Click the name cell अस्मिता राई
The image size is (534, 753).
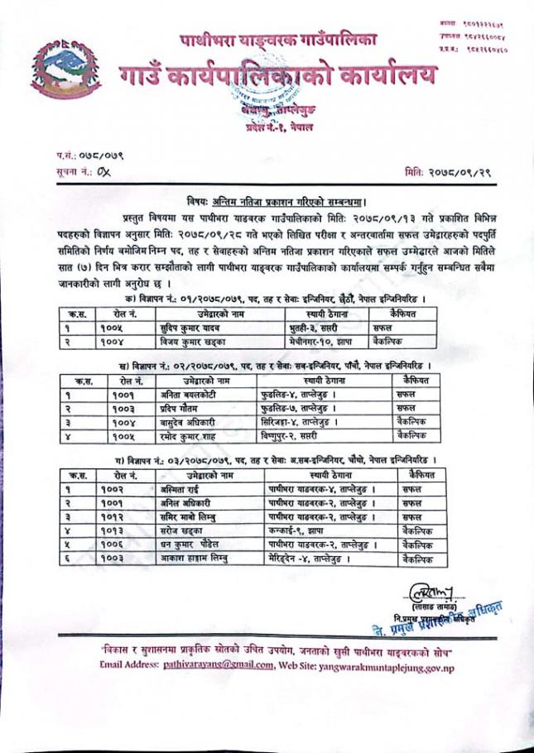(184, 491)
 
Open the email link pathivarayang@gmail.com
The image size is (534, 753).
(207, 664)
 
